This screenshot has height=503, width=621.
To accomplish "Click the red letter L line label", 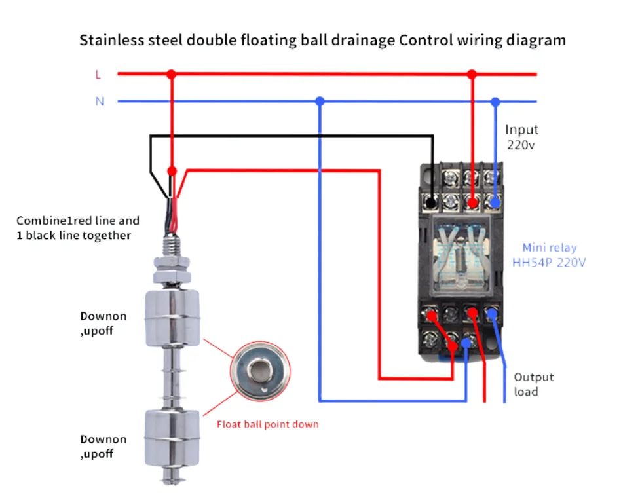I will click(98, 75).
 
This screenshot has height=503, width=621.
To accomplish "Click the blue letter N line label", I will click(100, 102).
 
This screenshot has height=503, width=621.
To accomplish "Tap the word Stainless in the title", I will click(111, 40).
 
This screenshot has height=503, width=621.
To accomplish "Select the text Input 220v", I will click(521, 138).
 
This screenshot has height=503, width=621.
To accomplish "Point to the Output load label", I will click(533, 384).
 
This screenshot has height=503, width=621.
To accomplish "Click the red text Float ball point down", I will click(267, 424).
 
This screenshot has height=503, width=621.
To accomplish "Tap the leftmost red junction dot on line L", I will click(172, 75).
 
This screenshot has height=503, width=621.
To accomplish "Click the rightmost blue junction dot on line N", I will click(495, 102).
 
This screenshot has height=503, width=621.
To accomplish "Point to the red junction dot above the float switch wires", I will click(172, 170).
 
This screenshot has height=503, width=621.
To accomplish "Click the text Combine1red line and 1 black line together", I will click(78, 228).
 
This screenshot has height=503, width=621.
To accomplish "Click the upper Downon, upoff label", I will click(103, 323).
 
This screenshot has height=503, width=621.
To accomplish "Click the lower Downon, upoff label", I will click(103, 446).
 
